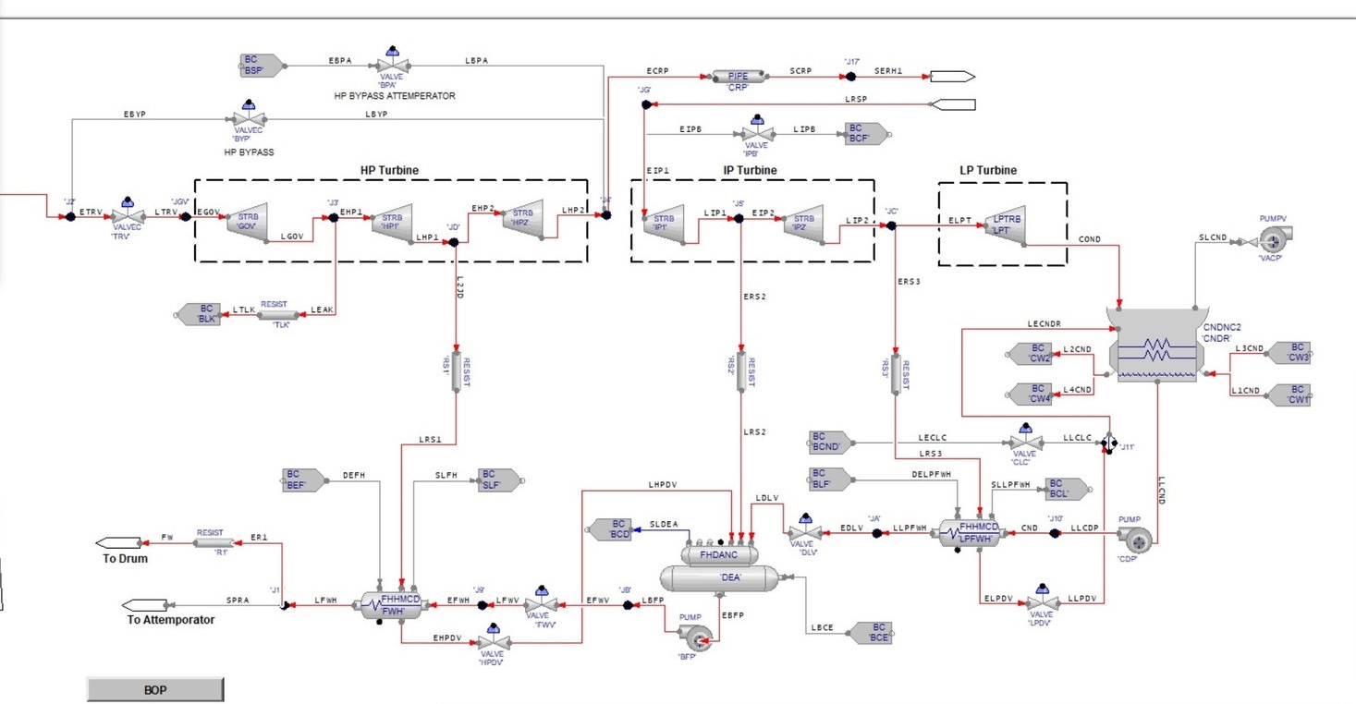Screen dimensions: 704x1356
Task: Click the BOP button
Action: pos(155,689)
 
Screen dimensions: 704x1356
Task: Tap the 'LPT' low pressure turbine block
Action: pos(1007,226)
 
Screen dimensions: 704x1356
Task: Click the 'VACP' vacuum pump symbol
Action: pos(1272,239)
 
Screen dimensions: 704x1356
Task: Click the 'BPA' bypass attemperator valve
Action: pos(394,67)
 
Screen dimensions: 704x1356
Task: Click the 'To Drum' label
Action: pos(125,559)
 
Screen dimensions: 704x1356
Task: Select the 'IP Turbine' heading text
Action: pos(750,170)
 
